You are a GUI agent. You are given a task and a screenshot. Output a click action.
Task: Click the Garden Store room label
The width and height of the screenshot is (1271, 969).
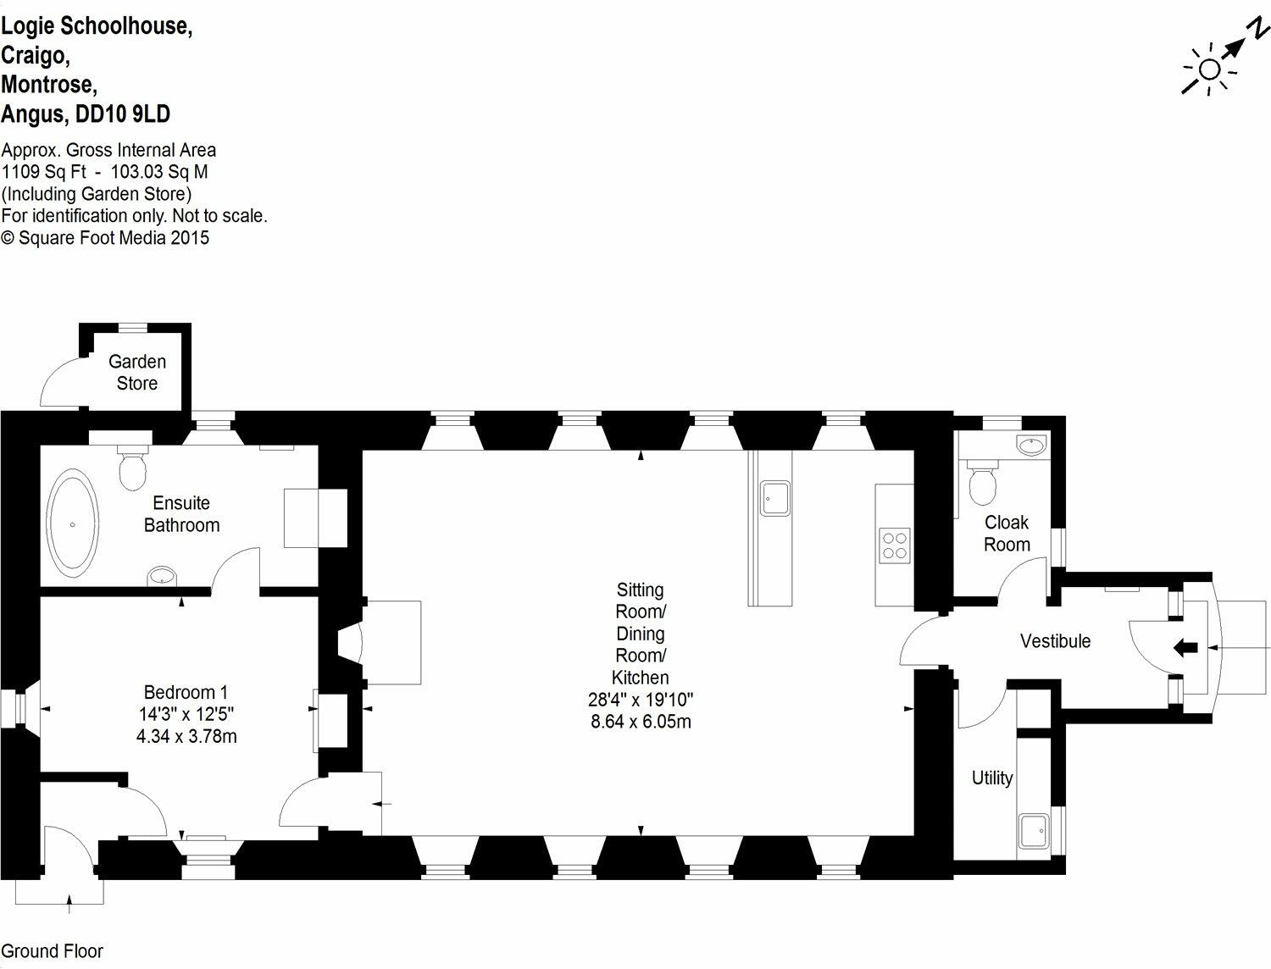tap(137, 373)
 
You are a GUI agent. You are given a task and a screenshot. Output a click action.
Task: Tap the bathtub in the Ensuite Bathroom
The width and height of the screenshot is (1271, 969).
tap(73, 523)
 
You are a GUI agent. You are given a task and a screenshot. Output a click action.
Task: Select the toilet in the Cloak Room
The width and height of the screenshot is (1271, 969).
tap(983, 484)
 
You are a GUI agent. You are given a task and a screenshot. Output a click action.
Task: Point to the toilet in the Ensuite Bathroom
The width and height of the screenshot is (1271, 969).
tap(133, 468)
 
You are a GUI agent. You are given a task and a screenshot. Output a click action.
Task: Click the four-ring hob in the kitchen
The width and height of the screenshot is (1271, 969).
tap(895, 545)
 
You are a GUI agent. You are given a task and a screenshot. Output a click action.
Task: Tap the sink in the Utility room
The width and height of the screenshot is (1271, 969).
tap(1033, 831)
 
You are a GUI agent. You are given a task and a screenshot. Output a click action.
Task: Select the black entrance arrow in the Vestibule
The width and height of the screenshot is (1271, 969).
tap(1185, 649)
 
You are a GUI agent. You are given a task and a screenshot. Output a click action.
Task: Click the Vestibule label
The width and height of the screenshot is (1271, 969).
tap(1055, 641)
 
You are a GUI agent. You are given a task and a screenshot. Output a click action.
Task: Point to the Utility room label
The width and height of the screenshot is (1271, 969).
tap(992, 778)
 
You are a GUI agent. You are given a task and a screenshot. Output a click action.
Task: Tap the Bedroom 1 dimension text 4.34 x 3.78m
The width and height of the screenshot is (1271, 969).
tap(186, 736)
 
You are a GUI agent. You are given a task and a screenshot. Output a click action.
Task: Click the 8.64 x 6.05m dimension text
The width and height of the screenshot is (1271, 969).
tap(641, 722)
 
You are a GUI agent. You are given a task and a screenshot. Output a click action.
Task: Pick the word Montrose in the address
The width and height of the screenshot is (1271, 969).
tap(48, 85)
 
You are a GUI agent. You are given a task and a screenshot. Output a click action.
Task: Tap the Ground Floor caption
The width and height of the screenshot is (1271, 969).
tap(53, 951)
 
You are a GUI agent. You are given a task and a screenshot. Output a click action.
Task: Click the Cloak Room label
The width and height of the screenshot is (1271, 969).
tap(1007, 534)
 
